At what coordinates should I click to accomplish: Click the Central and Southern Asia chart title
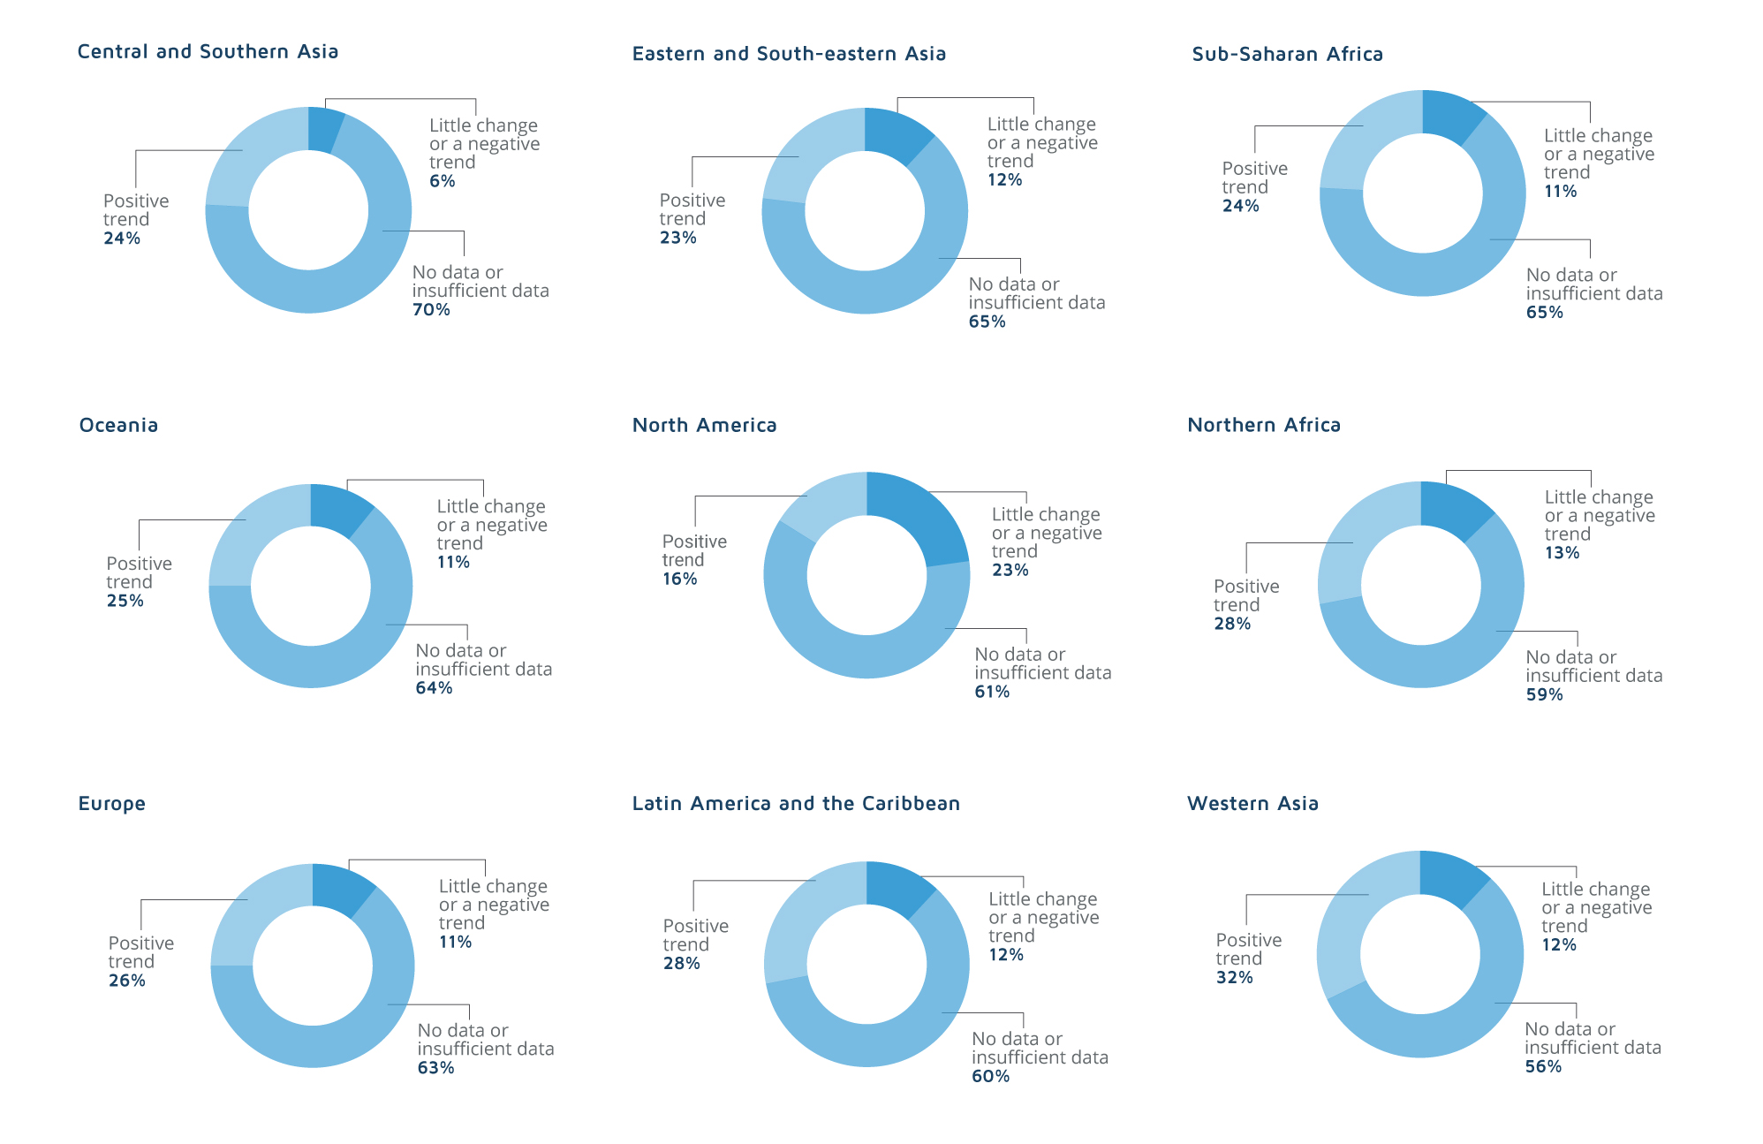tap(208, 51)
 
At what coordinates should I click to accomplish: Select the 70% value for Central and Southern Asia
tap(431, 310)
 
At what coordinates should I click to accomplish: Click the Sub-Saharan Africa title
tap(1287, 54)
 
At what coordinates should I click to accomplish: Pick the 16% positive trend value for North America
tap(679, 580)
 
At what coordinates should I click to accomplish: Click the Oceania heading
tap(118, 425)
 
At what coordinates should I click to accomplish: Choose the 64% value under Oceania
tap(434, 688)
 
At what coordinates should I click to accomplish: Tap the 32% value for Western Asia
tap(1234, 978)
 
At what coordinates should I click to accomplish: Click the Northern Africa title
tap(1263, 425)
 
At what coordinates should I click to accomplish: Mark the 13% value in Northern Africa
tap(1562, 553)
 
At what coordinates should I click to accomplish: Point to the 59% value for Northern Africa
tap(1544, 695)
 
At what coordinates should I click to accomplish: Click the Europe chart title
tap(111, 804)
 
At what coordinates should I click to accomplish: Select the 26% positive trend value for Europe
tap(126, 981)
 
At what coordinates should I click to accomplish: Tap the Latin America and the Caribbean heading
tap(795, 804)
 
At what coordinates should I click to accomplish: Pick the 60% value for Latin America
tap(990, 1077)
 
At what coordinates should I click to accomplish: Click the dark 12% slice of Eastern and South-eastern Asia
tap(897, 133)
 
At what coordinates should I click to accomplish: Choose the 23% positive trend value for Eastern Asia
tap(677, 239)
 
